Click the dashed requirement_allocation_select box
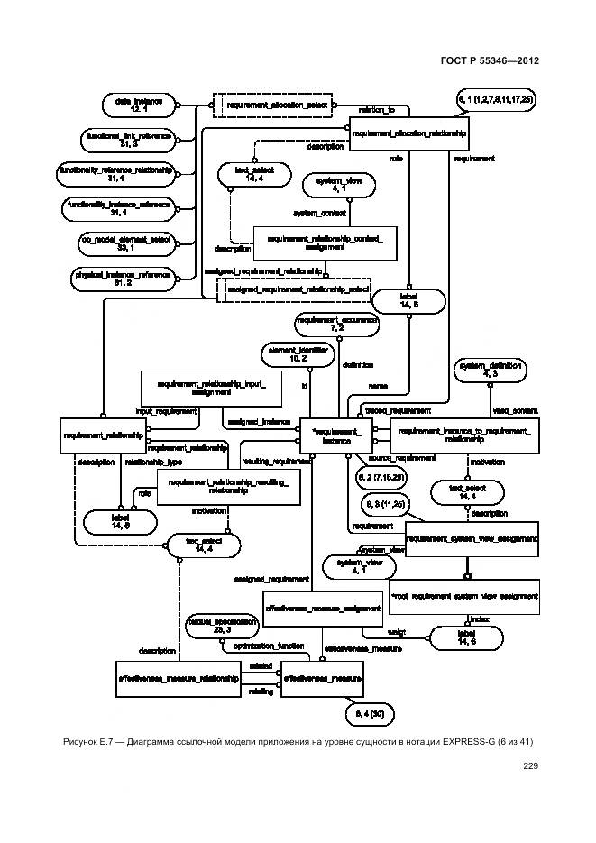270,105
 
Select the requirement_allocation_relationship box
410,133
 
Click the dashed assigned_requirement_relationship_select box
293,289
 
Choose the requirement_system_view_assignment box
472,539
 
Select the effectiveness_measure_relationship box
179,677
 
